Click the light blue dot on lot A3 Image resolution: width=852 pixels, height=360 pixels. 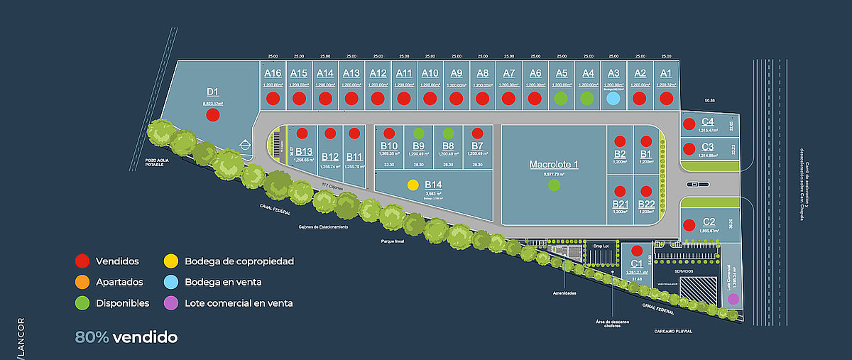click(x=613, y=99)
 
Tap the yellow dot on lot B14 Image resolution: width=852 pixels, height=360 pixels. click(x=413, y=185)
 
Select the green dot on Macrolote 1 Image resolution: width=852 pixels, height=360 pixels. click(x=554, y=185)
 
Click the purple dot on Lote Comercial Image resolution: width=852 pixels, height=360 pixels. click(x=733, y=299)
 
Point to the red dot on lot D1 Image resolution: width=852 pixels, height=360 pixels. click(x=213, y=114)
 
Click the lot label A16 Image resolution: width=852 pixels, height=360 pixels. click(x=273, y=73)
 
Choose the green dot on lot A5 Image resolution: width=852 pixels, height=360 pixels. click(x=561, y=99)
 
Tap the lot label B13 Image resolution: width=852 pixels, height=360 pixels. click(x=304, y=151)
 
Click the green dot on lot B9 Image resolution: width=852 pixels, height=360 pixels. click(x=419, y=133)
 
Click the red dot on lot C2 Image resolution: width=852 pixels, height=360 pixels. click(x=688, y=225)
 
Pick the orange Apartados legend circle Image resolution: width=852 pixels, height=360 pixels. click(x=83, y=282)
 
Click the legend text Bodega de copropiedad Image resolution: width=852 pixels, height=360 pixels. click(x=239, y=261)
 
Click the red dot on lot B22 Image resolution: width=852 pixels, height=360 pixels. click(x=645, y=191)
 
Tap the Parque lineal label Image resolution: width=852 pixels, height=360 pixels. click(x=392, y=241)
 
